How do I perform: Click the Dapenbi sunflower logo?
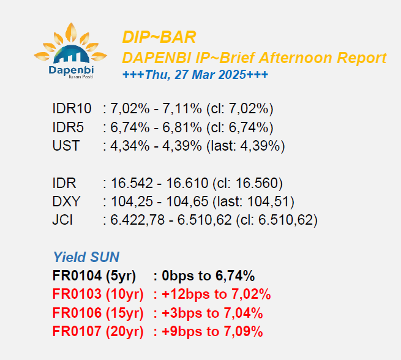click(x=70, y=51)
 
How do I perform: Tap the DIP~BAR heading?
click(x=159, y=37)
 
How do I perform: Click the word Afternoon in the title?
click(x=295, y=58)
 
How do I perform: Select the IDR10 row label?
click(x=72, y=108)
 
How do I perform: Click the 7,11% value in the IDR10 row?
click(x=182, y=108)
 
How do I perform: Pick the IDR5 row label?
click(x=68, y=127)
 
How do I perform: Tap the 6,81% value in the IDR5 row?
click(x=182, y=127)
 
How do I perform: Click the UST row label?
click(x=66, y=146)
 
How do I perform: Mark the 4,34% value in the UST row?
click(x=130, y=146)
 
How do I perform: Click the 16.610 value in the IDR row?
click(x=187, y=183)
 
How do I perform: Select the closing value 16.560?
click(x=257, y=183)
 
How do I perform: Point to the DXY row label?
click(x=66, y=201)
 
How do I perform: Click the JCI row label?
click(x=62, y=220)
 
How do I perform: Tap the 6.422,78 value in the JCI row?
click(x=137, y=220)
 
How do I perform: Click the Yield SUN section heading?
click(x=86, y=257)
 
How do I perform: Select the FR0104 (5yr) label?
click(x=94, y=276)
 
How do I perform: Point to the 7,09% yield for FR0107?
click(x=243, y=331)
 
